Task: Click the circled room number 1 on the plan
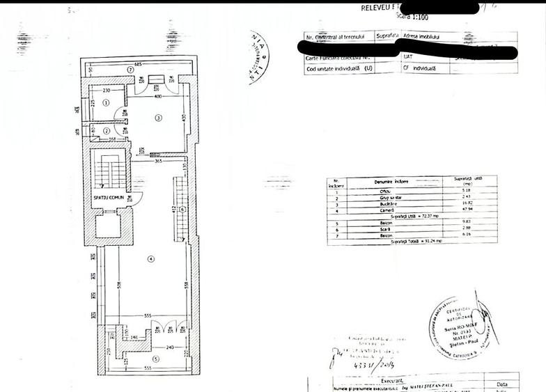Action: [106, 102]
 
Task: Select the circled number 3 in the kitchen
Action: [158, 118]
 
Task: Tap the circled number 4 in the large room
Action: [150, 259]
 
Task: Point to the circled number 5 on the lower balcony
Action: [155, 359]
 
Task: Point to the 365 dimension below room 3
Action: [157, 162]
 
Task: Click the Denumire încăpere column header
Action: [394, 182]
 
